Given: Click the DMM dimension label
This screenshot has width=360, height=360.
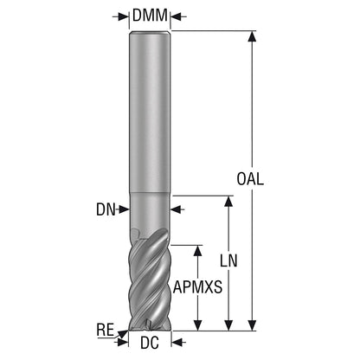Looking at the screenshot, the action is tap(150, 16).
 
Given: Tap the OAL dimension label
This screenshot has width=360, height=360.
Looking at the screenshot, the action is tap(250, 179).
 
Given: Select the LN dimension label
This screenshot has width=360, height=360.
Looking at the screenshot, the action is tap(228, 260).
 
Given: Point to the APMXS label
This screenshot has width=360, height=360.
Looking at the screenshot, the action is tap(197, 287).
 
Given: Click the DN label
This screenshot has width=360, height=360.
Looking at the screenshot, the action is tap(106, 209).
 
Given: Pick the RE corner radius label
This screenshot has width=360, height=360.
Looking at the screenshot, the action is tap(106, 330).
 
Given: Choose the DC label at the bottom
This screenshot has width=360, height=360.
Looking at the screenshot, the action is tap(150, 343).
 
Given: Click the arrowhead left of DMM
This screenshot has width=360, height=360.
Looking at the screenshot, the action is tap(124, 16).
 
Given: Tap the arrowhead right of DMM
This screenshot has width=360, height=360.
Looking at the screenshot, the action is tap(176, 16).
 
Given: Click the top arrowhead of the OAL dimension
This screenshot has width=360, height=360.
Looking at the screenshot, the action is tap(252, 36).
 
